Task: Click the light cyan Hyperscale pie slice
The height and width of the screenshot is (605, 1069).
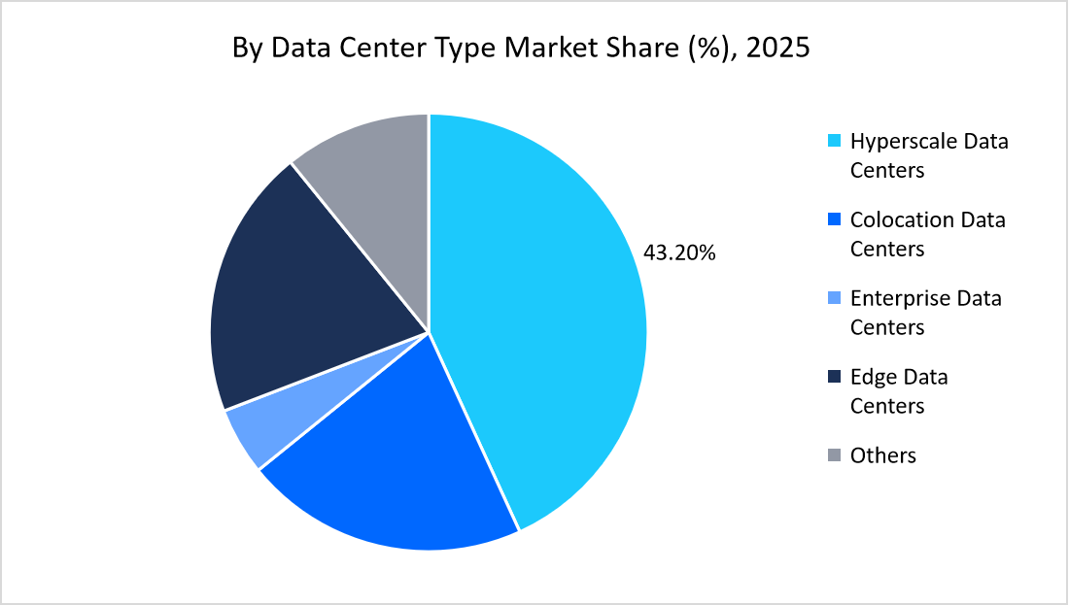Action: [544, 320]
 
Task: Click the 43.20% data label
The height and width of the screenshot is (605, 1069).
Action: [679, 253]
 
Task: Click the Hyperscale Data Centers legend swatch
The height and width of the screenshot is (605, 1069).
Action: [834, 142]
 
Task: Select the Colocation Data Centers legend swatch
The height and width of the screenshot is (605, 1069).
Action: [834, 220]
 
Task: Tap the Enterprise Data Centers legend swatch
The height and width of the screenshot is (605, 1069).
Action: [834, 298]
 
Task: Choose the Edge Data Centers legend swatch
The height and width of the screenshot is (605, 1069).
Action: [834, 377]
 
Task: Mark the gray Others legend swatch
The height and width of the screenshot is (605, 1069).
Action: [834, 455]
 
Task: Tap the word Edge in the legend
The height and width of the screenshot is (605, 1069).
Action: [873, 377]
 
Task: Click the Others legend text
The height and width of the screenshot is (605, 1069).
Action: [882, 455]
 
